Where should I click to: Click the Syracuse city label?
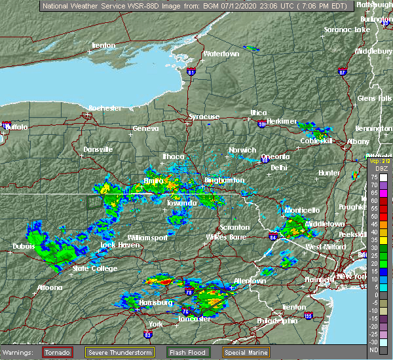204,117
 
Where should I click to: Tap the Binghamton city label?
224,180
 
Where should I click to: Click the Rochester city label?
105,107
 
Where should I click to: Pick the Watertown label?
221,54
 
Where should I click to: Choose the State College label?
95,268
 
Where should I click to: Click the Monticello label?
302,210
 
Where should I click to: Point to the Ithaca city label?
173,156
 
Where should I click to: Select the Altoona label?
49,287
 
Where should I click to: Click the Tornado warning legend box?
58,352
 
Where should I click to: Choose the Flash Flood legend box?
187,352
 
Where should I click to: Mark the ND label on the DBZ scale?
374,350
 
